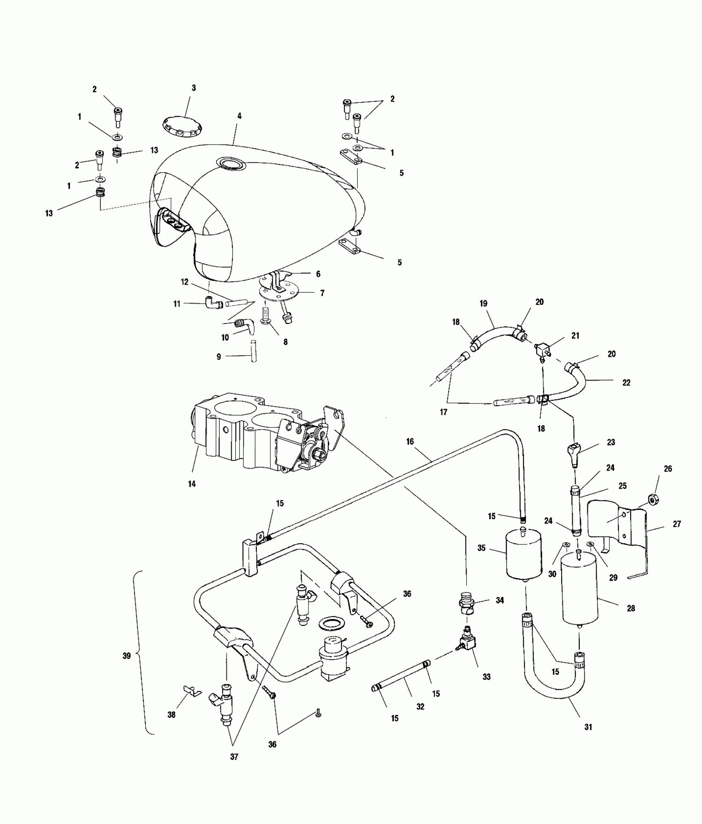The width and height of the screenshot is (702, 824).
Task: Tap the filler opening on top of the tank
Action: click(x=231, y=164)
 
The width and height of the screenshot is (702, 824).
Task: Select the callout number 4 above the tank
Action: click(x=239, y=116)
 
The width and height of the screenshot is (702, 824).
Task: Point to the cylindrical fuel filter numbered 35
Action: click(x=524, y=556)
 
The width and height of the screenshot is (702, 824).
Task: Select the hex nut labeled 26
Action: click(x=653, y=501)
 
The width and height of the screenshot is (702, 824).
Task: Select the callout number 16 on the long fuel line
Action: click(x=410, y=442)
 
